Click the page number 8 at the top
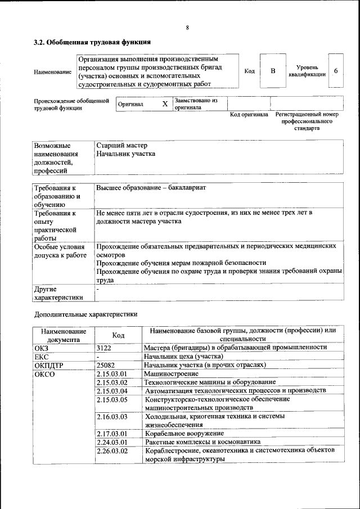(x=187, y=28)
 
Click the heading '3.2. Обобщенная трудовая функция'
(x=92, y=42)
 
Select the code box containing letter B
(x=273, y=71)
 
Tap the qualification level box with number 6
(x=335, y=71)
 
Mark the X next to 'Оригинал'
(x=164, y=104)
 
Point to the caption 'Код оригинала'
(x=249, y=115)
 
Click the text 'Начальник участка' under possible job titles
(x=125, y=154)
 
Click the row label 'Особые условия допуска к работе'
(x=60, y=251)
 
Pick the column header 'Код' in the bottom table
(x=118, y=335)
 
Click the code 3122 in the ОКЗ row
(x=104, y=348)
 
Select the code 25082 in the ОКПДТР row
(x=106, y=364)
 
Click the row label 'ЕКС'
(x=42, y=356)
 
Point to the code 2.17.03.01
(x=112, y=433)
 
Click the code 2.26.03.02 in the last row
(x=112, y=451)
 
